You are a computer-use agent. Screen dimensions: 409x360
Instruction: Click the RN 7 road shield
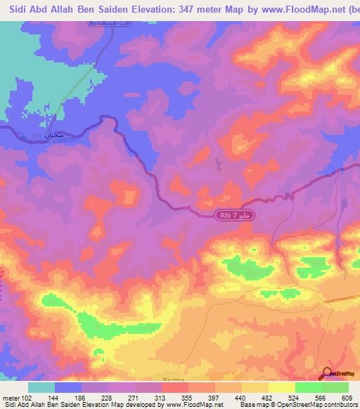coord(233,214)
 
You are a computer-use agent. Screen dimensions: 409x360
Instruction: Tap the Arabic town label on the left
coord(53,134)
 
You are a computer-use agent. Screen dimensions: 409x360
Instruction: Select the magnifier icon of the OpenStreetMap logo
coord(327,373)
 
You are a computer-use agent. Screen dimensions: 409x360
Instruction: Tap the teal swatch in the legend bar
coord(41,387)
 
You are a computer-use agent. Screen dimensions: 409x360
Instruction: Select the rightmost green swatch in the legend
coord(335,387)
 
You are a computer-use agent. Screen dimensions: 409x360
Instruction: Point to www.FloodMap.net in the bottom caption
coord(199,405)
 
